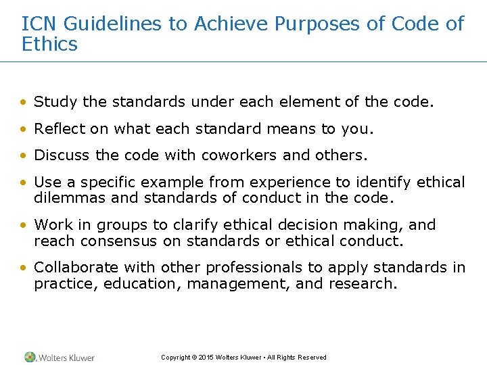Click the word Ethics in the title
[x=49, y=45]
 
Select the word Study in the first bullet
[x=55, y=102]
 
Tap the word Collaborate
[x=77, y=268]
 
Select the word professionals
[x=230, y=268]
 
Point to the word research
[x=362, y=283]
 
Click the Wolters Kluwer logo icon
[x=30, y=357]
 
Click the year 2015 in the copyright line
[x=206, y=358]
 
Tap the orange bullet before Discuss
[x=24, y=155]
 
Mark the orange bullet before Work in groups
[x=24, y=225]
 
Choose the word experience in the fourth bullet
[x=292, y=182]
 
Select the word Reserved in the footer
[x=312, y=358]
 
